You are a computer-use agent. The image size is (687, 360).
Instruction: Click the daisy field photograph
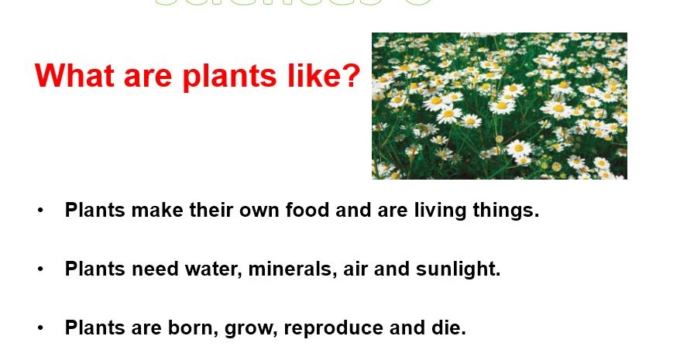(499, 105)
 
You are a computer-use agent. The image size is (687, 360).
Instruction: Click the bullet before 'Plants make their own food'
(40, 211)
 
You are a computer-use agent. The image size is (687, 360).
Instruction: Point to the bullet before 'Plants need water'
(40, 269)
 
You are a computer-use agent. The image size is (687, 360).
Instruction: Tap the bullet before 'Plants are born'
(40, 328)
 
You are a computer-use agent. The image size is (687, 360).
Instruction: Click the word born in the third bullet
(192, 328)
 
